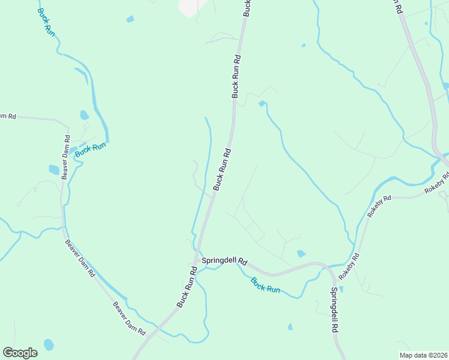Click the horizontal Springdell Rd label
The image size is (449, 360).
(x=224, y=261)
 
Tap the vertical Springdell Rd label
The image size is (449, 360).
(x=334, y=311)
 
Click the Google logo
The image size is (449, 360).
(x=20, y=352)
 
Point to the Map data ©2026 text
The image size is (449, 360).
(x=423, y=355)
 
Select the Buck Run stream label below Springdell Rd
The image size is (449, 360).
(x=265, y=285)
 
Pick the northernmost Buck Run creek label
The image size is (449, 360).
(x=46, y=22)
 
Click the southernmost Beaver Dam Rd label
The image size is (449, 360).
(x=129, y=318)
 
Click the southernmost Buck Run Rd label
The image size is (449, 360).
(x=187, y=287)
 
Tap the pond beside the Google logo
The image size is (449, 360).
(x=49, y=345)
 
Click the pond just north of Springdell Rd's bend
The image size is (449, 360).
(x=301, y=254)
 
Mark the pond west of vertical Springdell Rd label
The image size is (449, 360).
(x=291, y=327)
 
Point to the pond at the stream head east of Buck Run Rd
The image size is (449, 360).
(x=261, y=104)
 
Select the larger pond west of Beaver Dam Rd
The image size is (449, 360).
(x=54, y=170)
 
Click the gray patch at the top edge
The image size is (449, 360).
(x=191, y=7)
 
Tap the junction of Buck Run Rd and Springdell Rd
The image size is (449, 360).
(x=196, y=259)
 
